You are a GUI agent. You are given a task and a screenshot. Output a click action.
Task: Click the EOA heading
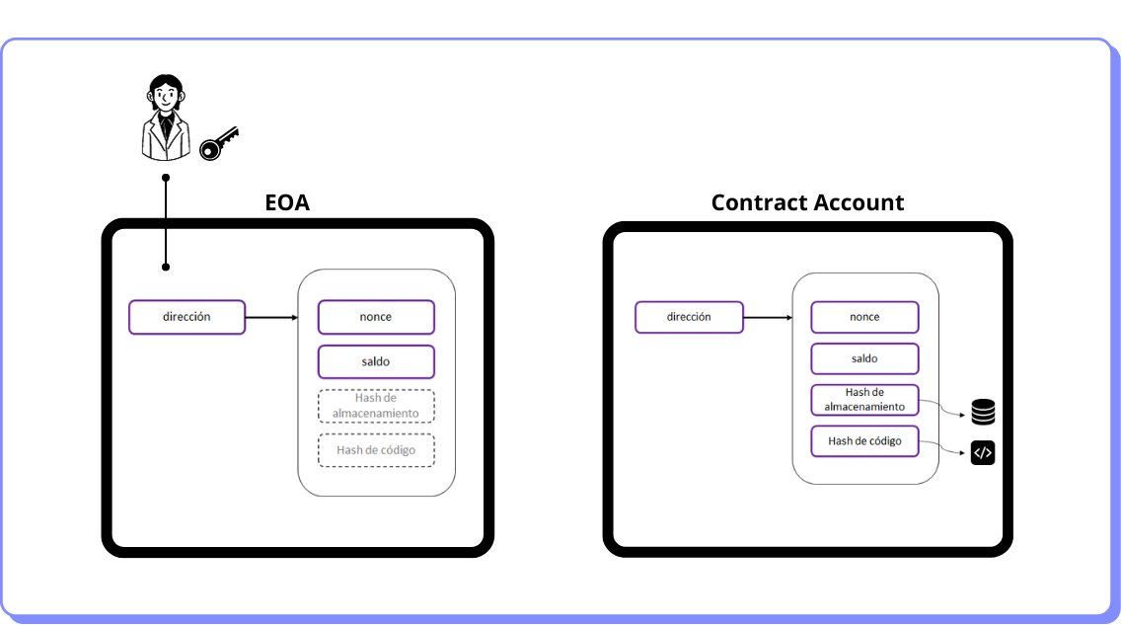287,202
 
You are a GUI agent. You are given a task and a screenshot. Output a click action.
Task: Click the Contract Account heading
807,202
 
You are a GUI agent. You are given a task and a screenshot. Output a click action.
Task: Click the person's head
165,94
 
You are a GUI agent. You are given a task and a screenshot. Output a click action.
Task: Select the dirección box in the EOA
187,317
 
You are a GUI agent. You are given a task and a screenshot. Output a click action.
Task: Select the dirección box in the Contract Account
688,317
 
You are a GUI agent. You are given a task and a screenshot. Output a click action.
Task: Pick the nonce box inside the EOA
376,317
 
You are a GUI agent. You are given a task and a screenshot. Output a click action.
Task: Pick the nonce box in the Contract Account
864,317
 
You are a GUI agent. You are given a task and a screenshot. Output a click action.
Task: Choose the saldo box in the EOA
376,361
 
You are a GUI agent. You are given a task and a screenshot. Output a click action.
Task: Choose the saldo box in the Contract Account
864,358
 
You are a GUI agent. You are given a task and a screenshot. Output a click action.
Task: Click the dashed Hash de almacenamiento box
376,406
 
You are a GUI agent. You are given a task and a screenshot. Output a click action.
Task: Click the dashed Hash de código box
376,450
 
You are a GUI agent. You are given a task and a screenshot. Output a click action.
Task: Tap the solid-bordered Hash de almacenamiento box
864,400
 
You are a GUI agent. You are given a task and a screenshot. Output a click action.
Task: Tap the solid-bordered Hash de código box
864,441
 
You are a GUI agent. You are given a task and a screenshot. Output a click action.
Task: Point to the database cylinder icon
982,412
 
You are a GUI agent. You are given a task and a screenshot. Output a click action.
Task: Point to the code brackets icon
982,453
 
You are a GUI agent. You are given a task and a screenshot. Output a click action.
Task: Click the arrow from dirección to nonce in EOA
271,318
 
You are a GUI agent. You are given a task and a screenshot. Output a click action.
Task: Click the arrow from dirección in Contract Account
767,318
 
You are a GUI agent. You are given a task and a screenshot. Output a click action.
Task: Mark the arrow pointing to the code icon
941,448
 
